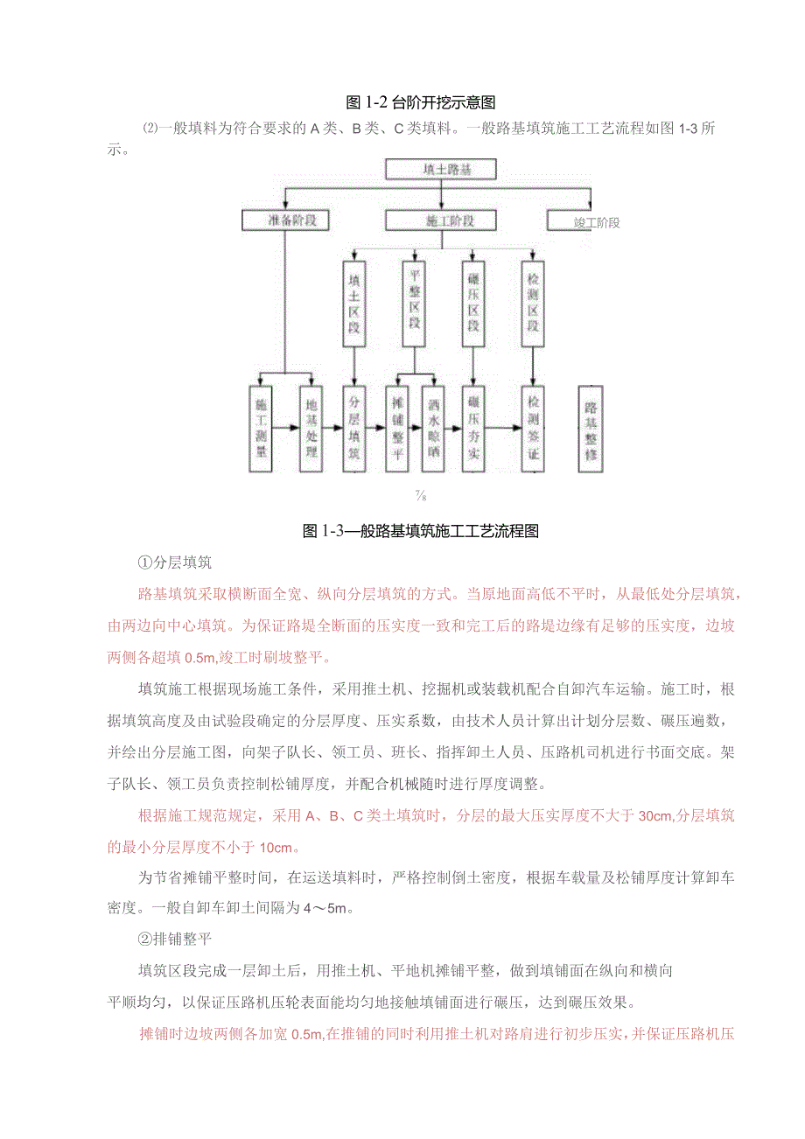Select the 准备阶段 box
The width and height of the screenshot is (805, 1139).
pos(285,220)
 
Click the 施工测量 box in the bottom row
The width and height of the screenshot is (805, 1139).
pos(262,429)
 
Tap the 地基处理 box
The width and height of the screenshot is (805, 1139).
pos(311,429)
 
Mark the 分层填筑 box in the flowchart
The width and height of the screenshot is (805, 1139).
pos(353,429)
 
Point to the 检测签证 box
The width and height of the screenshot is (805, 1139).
pos(533,429)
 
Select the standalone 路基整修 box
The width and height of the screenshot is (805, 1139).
pos(592,429)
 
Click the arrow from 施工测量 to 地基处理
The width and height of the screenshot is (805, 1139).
pos(286,430)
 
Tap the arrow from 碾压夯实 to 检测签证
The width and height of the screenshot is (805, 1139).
pos(503,430)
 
